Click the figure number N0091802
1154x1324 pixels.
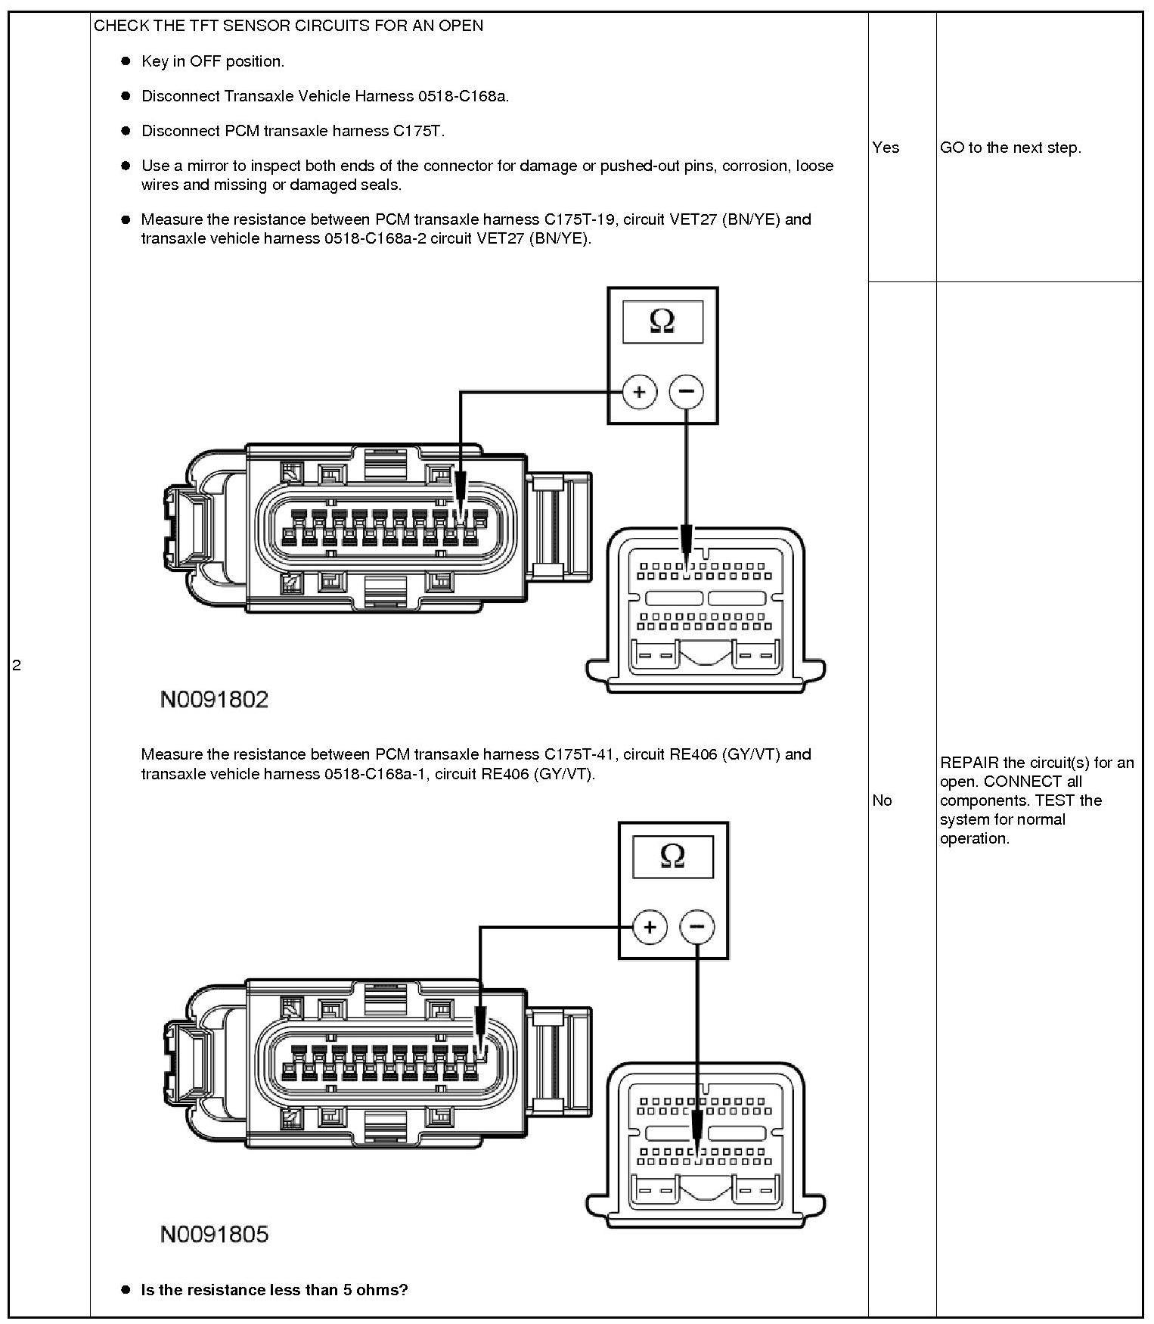click(214, 699)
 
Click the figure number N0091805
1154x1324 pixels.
click(214, 1235)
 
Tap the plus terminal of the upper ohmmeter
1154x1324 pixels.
click(640, 392)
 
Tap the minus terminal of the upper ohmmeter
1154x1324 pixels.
click(687, 392)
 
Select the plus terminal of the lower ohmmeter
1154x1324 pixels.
click(650, 927)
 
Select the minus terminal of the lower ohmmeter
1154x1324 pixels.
click(697, 927)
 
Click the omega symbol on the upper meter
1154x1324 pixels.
click(662, 322)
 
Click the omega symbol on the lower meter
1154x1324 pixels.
click(672, 856)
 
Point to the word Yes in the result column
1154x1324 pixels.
click(886, 148)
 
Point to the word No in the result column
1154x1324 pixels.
click(882, 800)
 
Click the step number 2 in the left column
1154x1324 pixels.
click(17, 666)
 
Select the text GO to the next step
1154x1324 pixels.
click(1010, 148)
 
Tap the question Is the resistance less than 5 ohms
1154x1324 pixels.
click(275, 1290)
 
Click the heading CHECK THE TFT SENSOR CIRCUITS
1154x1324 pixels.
click(288, 26)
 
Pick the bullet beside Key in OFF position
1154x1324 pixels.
click(126, 61)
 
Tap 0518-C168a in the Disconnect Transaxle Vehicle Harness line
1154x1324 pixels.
click(462, 96)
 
